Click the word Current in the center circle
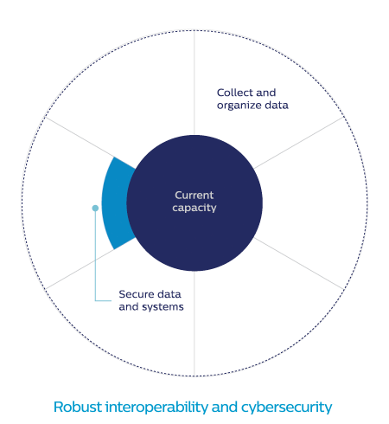[x=194, y=196]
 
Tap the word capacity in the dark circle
[x=194, y=208]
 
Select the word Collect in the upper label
[x=235, y=93]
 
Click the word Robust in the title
[x=78, y=407]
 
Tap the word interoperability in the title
[x=156, y=408]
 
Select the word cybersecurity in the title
[x=287, y=408]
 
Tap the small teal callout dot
[x=95, y=208]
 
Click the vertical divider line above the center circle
[x=194, y=82]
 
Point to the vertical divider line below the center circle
[x=194, y=324]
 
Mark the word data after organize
[x=277, y=105]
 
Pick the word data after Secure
[x=169, y=294]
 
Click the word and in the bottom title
[x=225, y=407]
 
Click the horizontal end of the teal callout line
[x=112, y=300]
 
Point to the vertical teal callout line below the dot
[x=95, y=255]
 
